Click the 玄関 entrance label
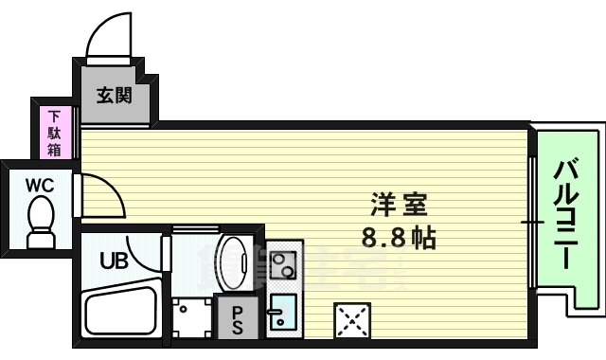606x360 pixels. [x=114, y=95]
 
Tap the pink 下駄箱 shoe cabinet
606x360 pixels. [x=55, y=134]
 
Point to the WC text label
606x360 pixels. [x=38, y=185]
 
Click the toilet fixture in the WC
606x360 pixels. [x=40, y=227]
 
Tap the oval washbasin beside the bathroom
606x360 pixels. [x=233, y=259]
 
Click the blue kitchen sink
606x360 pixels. [x=282, y=313]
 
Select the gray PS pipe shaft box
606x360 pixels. [x=237, y=317]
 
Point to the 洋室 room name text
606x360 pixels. [x=399, y=204]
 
